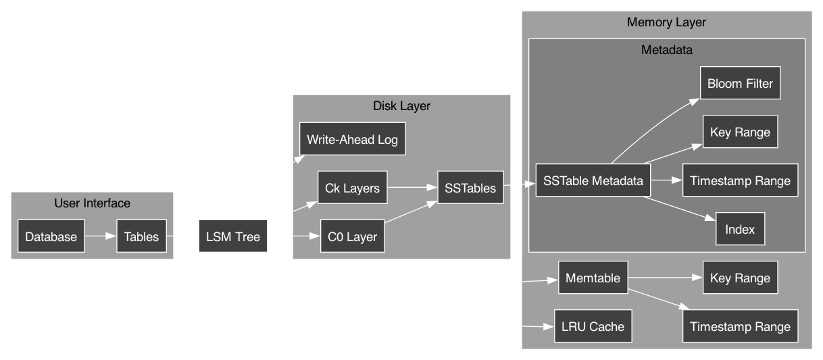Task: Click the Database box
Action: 51,236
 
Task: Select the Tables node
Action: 141,236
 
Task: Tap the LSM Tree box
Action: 233,236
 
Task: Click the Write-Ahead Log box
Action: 352,140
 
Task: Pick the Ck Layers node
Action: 352,188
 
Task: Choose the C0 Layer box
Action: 352,236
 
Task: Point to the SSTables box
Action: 471,188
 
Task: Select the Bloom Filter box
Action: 740,84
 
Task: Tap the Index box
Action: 740,230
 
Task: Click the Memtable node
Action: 593,278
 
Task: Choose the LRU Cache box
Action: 593,326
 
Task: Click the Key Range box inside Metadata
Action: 740,132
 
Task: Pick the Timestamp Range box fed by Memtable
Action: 740,326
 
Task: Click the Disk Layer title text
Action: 401,106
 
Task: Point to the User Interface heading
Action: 92,203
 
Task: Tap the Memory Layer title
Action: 666,22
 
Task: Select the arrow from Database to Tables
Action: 100,236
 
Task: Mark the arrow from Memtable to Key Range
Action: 666,278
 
